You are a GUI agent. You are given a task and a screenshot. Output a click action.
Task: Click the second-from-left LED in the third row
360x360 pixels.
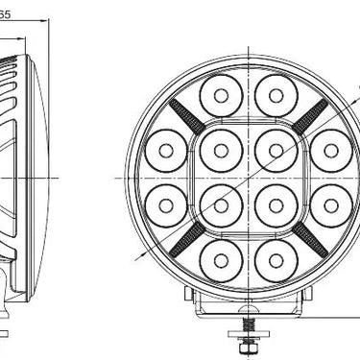click(x=221, y=204)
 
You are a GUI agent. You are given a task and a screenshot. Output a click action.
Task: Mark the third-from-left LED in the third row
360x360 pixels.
click(x=275, y=204)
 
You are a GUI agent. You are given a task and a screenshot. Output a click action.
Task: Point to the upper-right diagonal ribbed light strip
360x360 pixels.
click(x=309, y=116)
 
